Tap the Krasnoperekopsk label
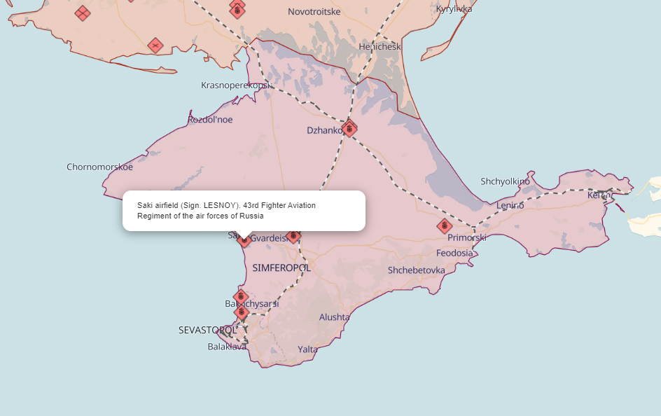(236, 85)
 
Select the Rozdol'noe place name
(210, 120)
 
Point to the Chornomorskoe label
(99, 167)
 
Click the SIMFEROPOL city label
(281, 268)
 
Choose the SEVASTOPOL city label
(207, 330)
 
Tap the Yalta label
(307, 349)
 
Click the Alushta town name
(334, 317)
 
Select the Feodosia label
(454, 254)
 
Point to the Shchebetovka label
(417, 270)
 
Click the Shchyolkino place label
(505, 181)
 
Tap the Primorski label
(467, 238)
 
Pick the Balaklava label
(227, 347)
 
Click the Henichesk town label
(380, 47)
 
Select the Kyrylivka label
(454, 9)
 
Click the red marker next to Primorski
(444, 226)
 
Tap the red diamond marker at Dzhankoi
(349, 129)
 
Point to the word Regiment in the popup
(153, 216)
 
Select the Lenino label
(510, 205)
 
